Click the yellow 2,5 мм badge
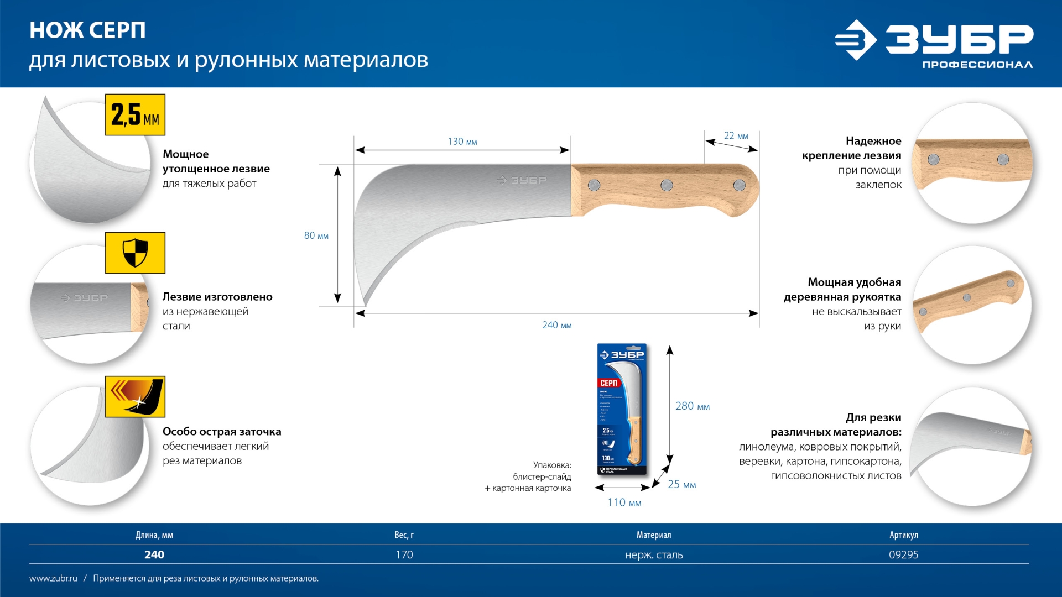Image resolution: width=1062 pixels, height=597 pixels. [x=135, y=115]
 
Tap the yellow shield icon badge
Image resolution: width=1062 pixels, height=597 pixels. [x=135, y=253]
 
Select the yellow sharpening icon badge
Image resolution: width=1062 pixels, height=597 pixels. [x=135, y=397]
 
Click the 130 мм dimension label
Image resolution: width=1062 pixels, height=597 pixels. [x=462, y=142]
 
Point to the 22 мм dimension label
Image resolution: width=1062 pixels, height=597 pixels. [x=736, y=136]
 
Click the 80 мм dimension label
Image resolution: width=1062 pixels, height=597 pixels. [x=316, y=235]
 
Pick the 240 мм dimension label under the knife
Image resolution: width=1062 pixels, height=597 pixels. [x=556, y=325]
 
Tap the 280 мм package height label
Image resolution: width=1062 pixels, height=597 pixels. [x=692, y=406]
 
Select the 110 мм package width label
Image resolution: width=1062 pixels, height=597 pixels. [x=624, y=502]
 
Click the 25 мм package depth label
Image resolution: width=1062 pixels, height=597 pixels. [x=681, y=485]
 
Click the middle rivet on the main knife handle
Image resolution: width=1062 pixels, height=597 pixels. [x=667, y=185]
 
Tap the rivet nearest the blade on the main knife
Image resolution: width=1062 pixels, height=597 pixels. [x=594, y=185]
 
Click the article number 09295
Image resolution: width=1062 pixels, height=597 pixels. [x=903, y=554]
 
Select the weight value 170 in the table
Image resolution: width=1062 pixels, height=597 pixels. [x=404, y=554]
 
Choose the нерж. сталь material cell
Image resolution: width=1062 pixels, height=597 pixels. [x=654, y=554]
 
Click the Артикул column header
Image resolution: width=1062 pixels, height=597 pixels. [x=903, y=535]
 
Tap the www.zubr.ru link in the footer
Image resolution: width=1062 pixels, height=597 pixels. [x=53, y=578]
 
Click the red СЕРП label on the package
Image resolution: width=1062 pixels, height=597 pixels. [x=608, y=383]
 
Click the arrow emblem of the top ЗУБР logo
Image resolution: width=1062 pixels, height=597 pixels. [x=855, y=40]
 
